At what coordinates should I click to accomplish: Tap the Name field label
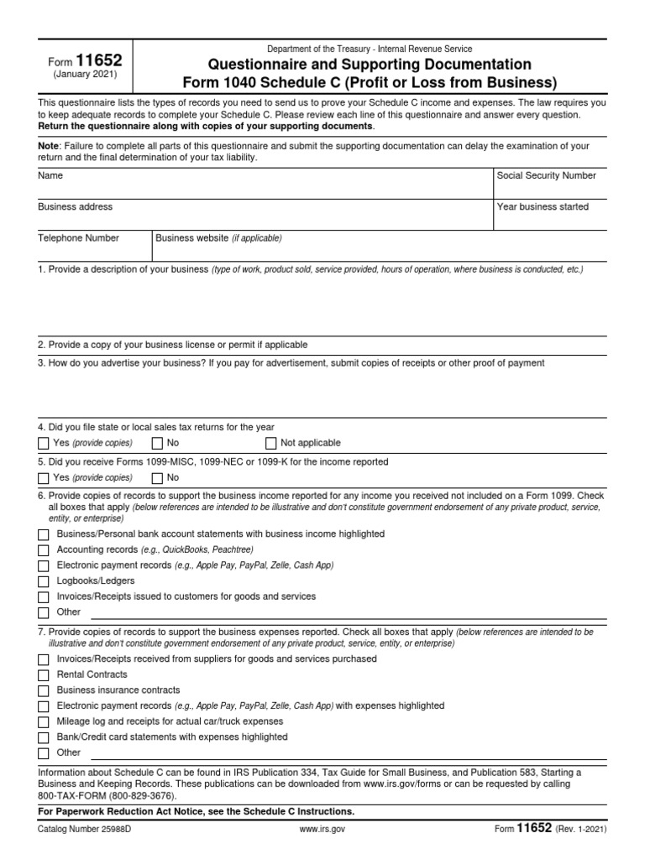click(x=50, y=176)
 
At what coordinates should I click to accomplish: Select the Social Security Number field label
click(x=546, y=176)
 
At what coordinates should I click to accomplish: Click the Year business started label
click(x=543, y=206)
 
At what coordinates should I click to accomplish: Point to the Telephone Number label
click(x=78, y=238)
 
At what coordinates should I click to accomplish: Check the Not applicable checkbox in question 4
click(x=270, y=443)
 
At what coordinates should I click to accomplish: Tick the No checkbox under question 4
click(x=157, y=443)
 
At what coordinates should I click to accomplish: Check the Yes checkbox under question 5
click(x=44, y=478)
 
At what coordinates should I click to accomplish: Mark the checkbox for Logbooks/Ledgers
click(x=44, y=580)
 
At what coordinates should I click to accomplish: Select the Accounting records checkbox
click(x=44, y=549)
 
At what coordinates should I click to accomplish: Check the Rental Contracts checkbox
click(x=44, y=674)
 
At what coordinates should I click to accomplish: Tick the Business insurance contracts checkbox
click(x=44, y=690)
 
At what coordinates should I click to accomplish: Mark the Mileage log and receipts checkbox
click(x=44, y=721)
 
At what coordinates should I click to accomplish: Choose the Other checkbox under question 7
click(x=44, y=752)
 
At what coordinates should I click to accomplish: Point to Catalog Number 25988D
click(x=83, y=829)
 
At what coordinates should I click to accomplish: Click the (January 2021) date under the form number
click(x=85, y=75)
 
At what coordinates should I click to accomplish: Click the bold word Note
click(x=50, y=146)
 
